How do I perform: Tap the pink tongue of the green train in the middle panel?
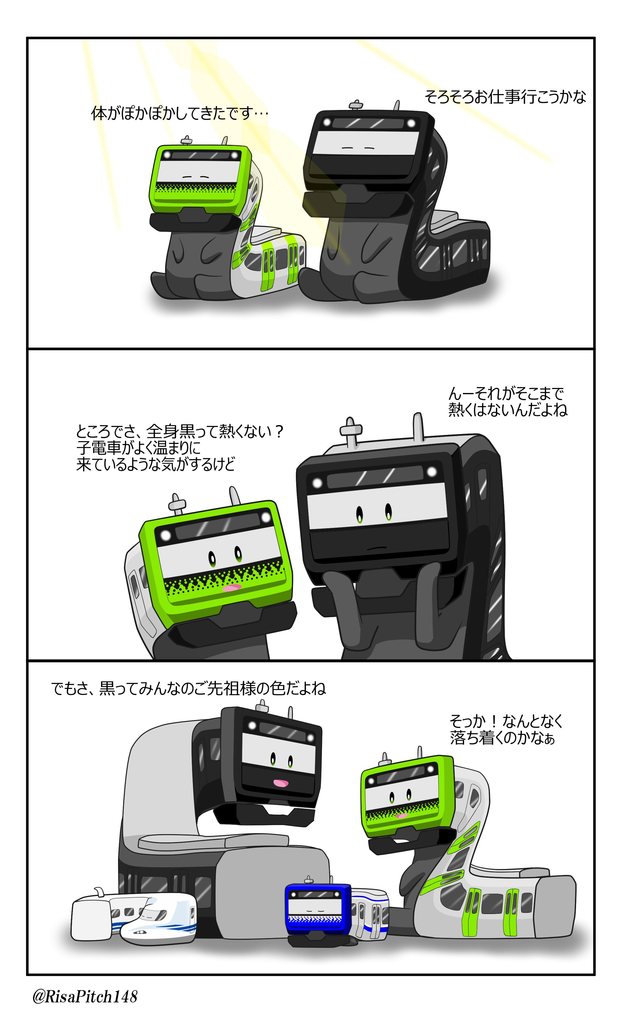pos(232,588)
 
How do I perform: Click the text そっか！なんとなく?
pos(506,721)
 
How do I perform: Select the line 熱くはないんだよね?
pos(508,410)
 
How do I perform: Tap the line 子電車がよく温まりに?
pos(139,447)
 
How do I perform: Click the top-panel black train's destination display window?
pos(368,123)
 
